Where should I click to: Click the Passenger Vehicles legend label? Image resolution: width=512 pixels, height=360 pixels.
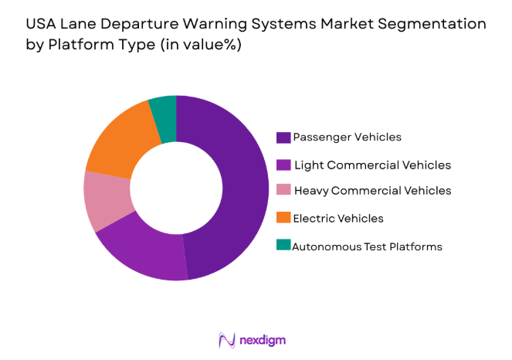(x=348, y=137)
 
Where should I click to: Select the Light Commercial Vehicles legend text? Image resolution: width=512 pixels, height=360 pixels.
(x=372, y=165)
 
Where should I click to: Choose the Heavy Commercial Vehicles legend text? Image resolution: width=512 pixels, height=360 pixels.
(x=373, y=190)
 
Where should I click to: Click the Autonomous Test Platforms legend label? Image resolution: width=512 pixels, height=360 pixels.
(x=368, y=246)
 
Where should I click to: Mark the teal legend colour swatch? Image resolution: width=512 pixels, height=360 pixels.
(x=283, y=246)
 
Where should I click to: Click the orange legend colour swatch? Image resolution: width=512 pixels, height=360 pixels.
(x=283, y=218)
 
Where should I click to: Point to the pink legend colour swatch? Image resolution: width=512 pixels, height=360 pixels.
(x=283, y=190)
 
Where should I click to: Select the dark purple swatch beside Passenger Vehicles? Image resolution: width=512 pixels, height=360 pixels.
(x=283, y=138)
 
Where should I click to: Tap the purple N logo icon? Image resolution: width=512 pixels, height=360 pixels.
(x=227, y=340)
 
